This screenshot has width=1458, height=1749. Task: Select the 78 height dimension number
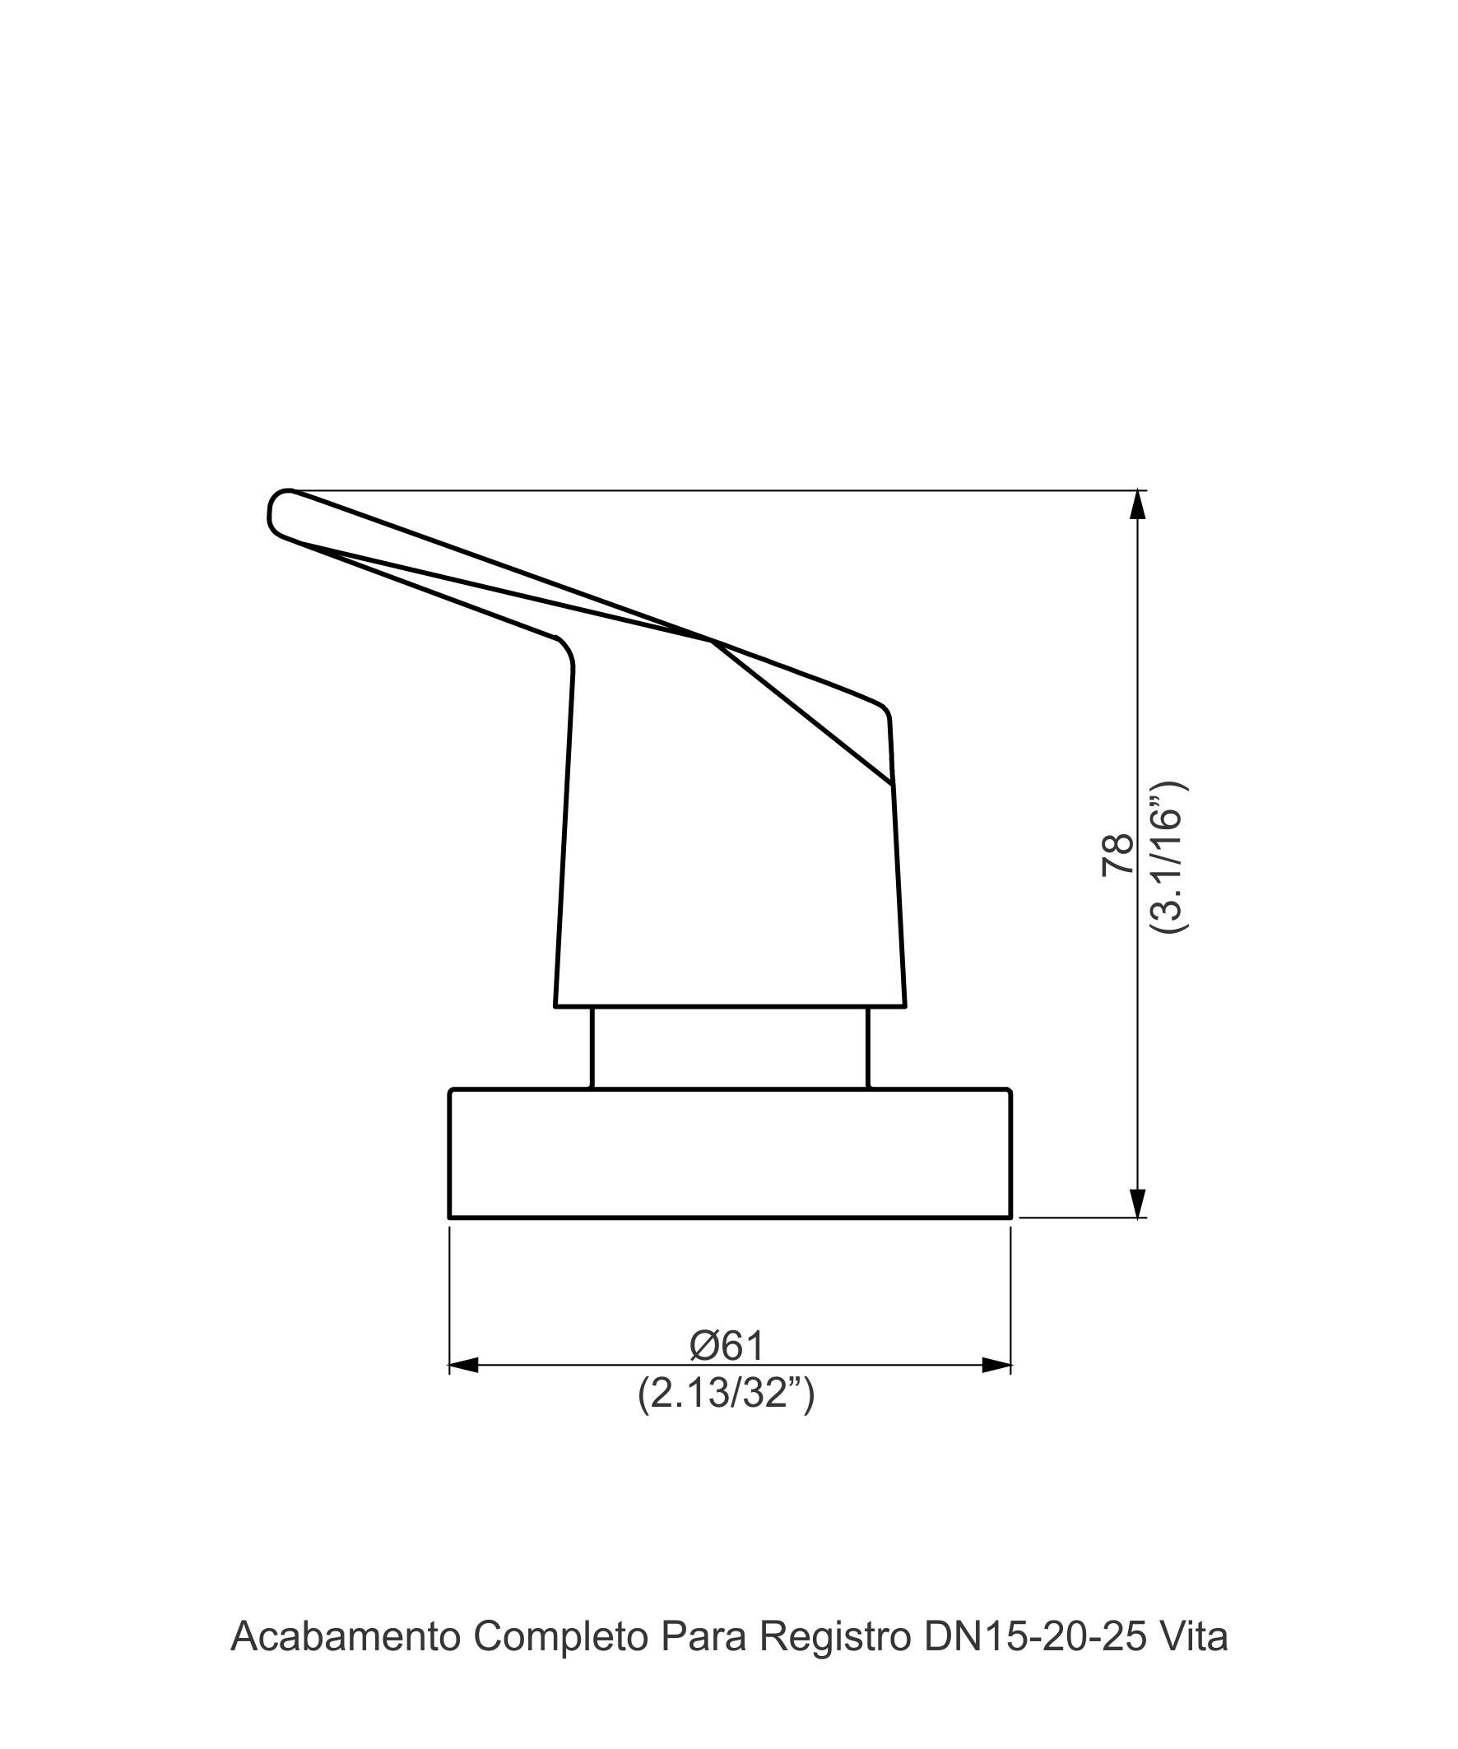pyautogui.click(x=1117, y=855)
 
